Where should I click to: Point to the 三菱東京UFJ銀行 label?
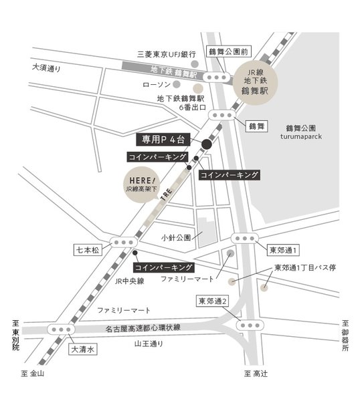167,53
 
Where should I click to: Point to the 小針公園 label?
177,237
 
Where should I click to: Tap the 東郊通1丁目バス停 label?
309,268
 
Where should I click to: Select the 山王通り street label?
149,344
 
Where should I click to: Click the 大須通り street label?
46,68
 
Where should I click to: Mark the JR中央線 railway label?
129,281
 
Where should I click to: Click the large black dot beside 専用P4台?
207,143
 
